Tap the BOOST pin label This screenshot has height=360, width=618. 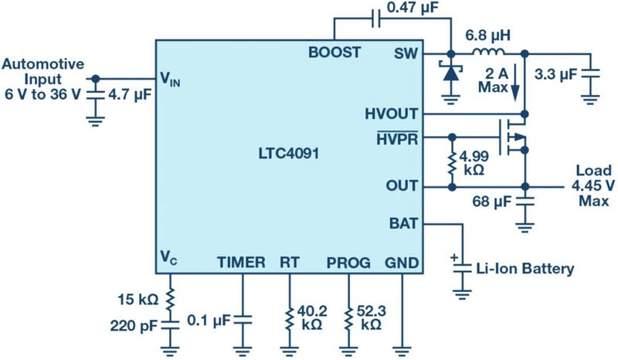334,53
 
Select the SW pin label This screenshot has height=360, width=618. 406,53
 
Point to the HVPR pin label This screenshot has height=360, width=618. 397,138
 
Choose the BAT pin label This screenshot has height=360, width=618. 405,224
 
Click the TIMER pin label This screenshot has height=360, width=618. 240,262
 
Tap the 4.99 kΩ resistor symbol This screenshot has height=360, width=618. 450,163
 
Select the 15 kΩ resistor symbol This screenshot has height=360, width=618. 170,297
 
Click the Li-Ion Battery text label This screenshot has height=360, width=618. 525,269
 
